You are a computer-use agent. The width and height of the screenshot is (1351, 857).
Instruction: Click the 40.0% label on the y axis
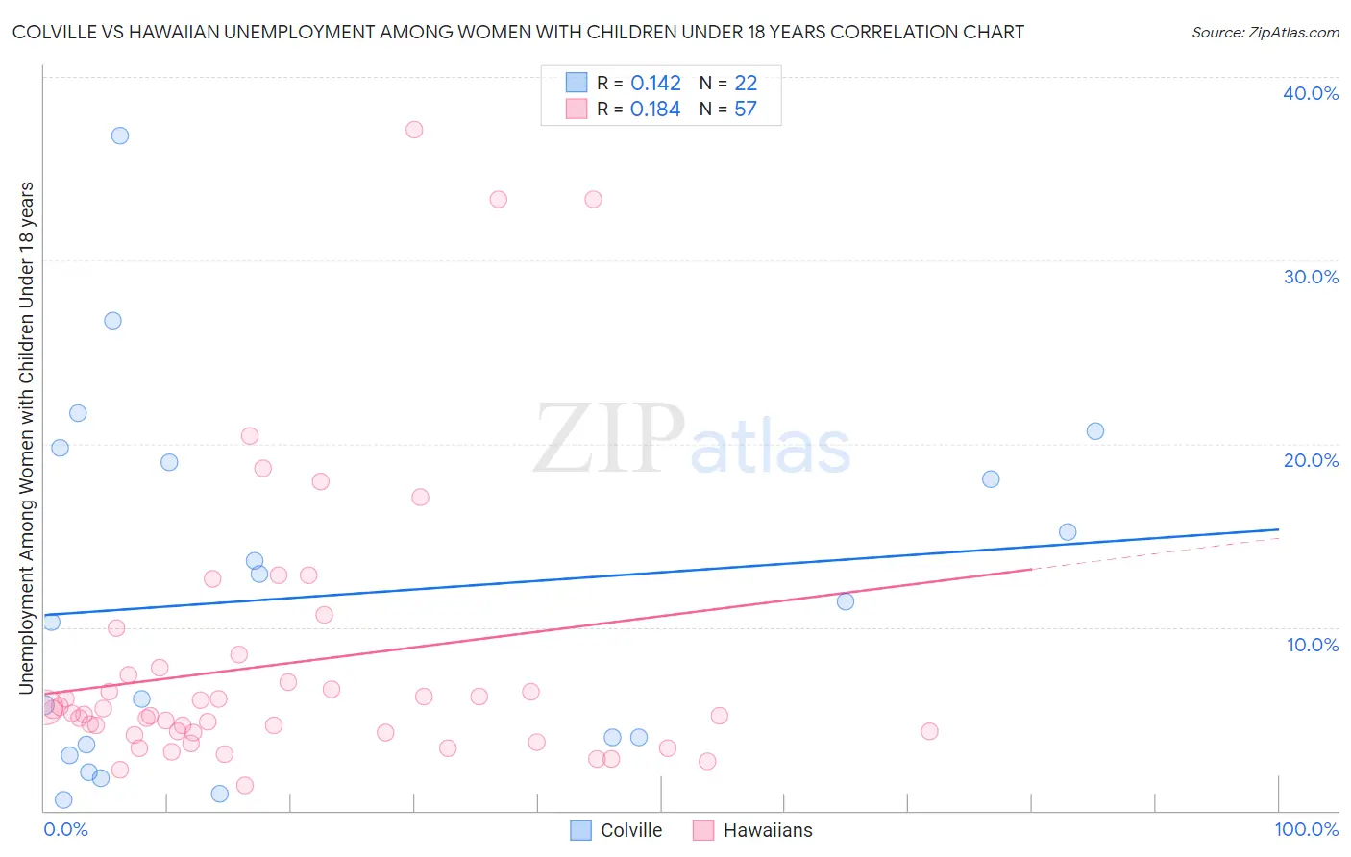click(1311, 93)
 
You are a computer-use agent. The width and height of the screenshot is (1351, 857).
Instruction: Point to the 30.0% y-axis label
click(1311, 277)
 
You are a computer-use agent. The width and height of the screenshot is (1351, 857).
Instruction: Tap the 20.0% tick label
click(1311, 460)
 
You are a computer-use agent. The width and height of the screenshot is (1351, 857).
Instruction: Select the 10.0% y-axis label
click(1313, 645)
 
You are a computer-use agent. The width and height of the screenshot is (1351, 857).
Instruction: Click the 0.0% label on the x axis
click(65, 829)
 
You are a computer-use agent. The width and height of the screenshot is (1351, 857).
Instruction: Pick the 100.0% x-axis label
click(1307, 829)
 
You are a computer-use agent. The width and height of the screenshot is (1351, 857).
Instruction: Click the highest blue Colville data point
click(120, 135)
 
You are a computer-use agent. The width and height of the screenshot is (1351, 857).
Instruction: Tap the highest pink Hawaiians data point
click(414, 130)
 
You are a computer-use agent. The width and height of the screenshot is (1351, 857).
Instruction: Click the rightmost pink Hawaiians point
click(929, 731)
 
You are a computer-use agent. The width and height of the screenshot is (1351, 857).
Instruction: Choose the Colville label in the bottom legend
click(631, 830)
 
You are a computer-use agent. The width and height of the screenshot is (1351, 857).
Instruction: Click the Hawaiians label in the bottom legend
click(768, 830)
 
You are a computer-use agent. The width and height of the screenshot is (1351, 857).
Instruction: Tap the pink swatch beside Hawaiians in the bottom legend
click(703, 830)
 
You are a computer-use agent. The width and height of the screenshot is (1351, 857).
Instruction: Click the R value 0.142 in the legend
click(655, 84)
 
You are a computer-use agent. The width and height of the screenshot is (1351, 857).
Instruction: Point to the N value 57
click(746, 110)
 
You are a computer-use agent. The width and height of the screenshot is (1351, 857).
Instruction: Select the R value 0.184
click(655, 110)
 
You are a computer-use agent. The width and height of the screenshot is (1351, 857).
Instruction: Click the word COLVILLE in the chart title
click(57, 32)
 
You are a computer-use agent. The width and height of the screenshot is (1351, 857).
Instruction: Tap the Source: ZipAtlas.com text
click(1265, 32)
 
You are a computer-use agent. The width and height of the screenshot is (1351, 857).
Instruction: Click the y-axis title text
click(26, 437)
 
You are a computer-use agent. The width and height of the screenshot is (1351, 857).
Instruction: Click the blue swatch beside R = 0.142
click(577, 83)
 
